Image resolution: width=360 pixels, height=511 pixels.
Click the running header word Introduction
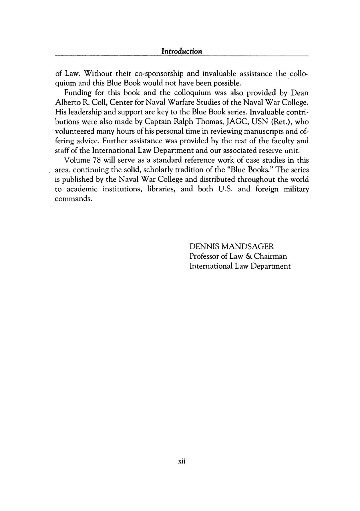[182, 51]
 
